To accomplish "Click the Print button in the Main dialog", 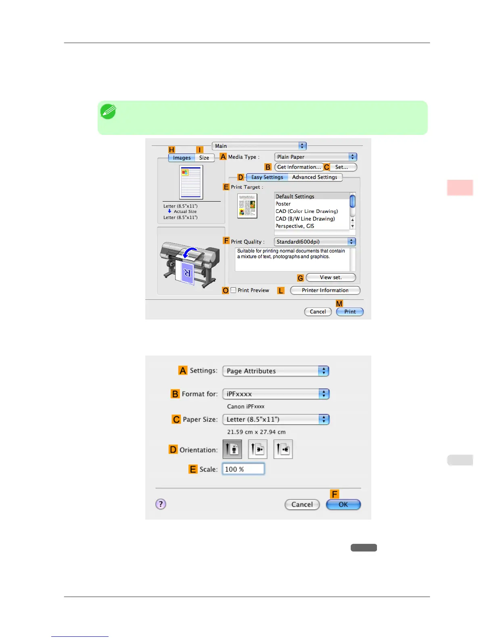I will [x=350, y=312].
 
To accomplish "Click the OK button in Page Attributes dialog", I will [x=343, y=504].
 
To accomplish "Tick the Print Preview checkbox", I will [x=233, y=290].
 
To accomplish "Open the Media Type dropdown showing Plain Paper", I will [x=316, y=157].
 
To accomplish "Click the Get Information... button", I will [x=299, y=167].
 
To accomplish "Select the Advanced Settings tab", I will [x=314, y=177].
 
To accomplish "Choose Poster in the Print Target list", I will [x=283, y=204].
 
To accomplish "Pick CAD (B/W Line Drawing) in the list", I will [x=305, y=219].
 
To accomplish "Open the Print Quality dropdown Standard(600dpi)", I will [x=315, y=242].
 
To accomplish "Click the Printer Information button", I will [x=325, y=290].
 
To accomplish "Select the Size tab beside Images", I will [x=204, y=158].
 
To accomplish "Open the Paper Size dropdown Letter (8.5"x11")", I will [x=276, y=419].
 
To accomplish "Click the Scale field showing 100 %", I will [x=243, y=469].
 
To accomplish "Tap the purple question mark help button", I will [x=161, y=504].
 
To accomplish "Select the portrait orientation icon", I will [x=232, y=449].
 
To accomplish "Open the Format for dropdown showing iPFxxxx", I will [x=276, y=394].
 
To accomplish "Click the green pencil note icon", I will [x=108, y=112].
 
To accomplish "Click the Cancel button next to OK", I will [x=302, y=504].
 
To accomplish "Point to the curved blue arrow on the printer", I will [x=190, y=253].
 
